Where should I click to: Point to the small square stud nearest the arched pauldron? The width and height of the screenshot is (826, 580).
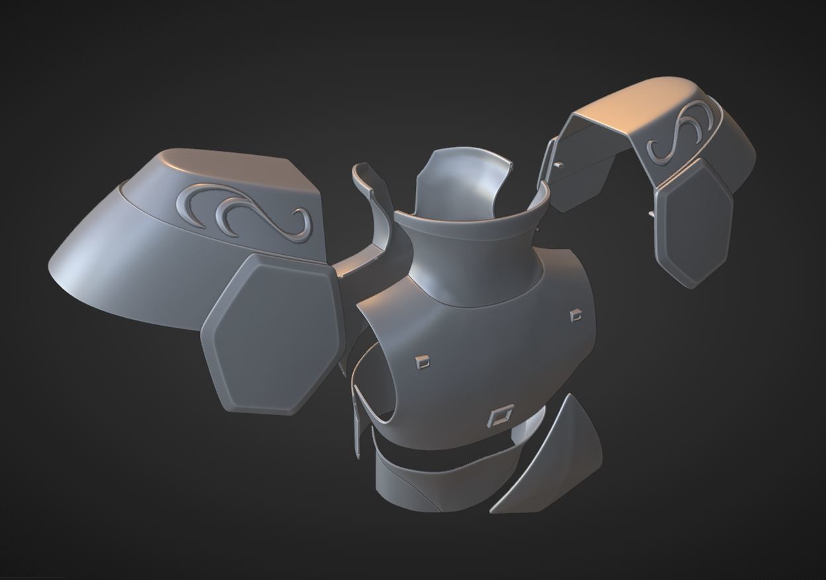pyautogui.click(x=575, y=315)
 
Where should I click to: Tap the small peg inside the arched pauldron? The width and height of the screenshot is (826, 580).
pyautogui.click(x=558, y=164)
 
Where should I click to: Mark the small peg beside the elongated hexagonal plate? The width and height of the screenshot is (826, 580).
pyautogui.click(x=650, y=214)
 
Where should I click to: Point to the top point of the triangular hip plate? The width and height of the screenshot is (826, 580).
pyautogui.click(x=568, y=397)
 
